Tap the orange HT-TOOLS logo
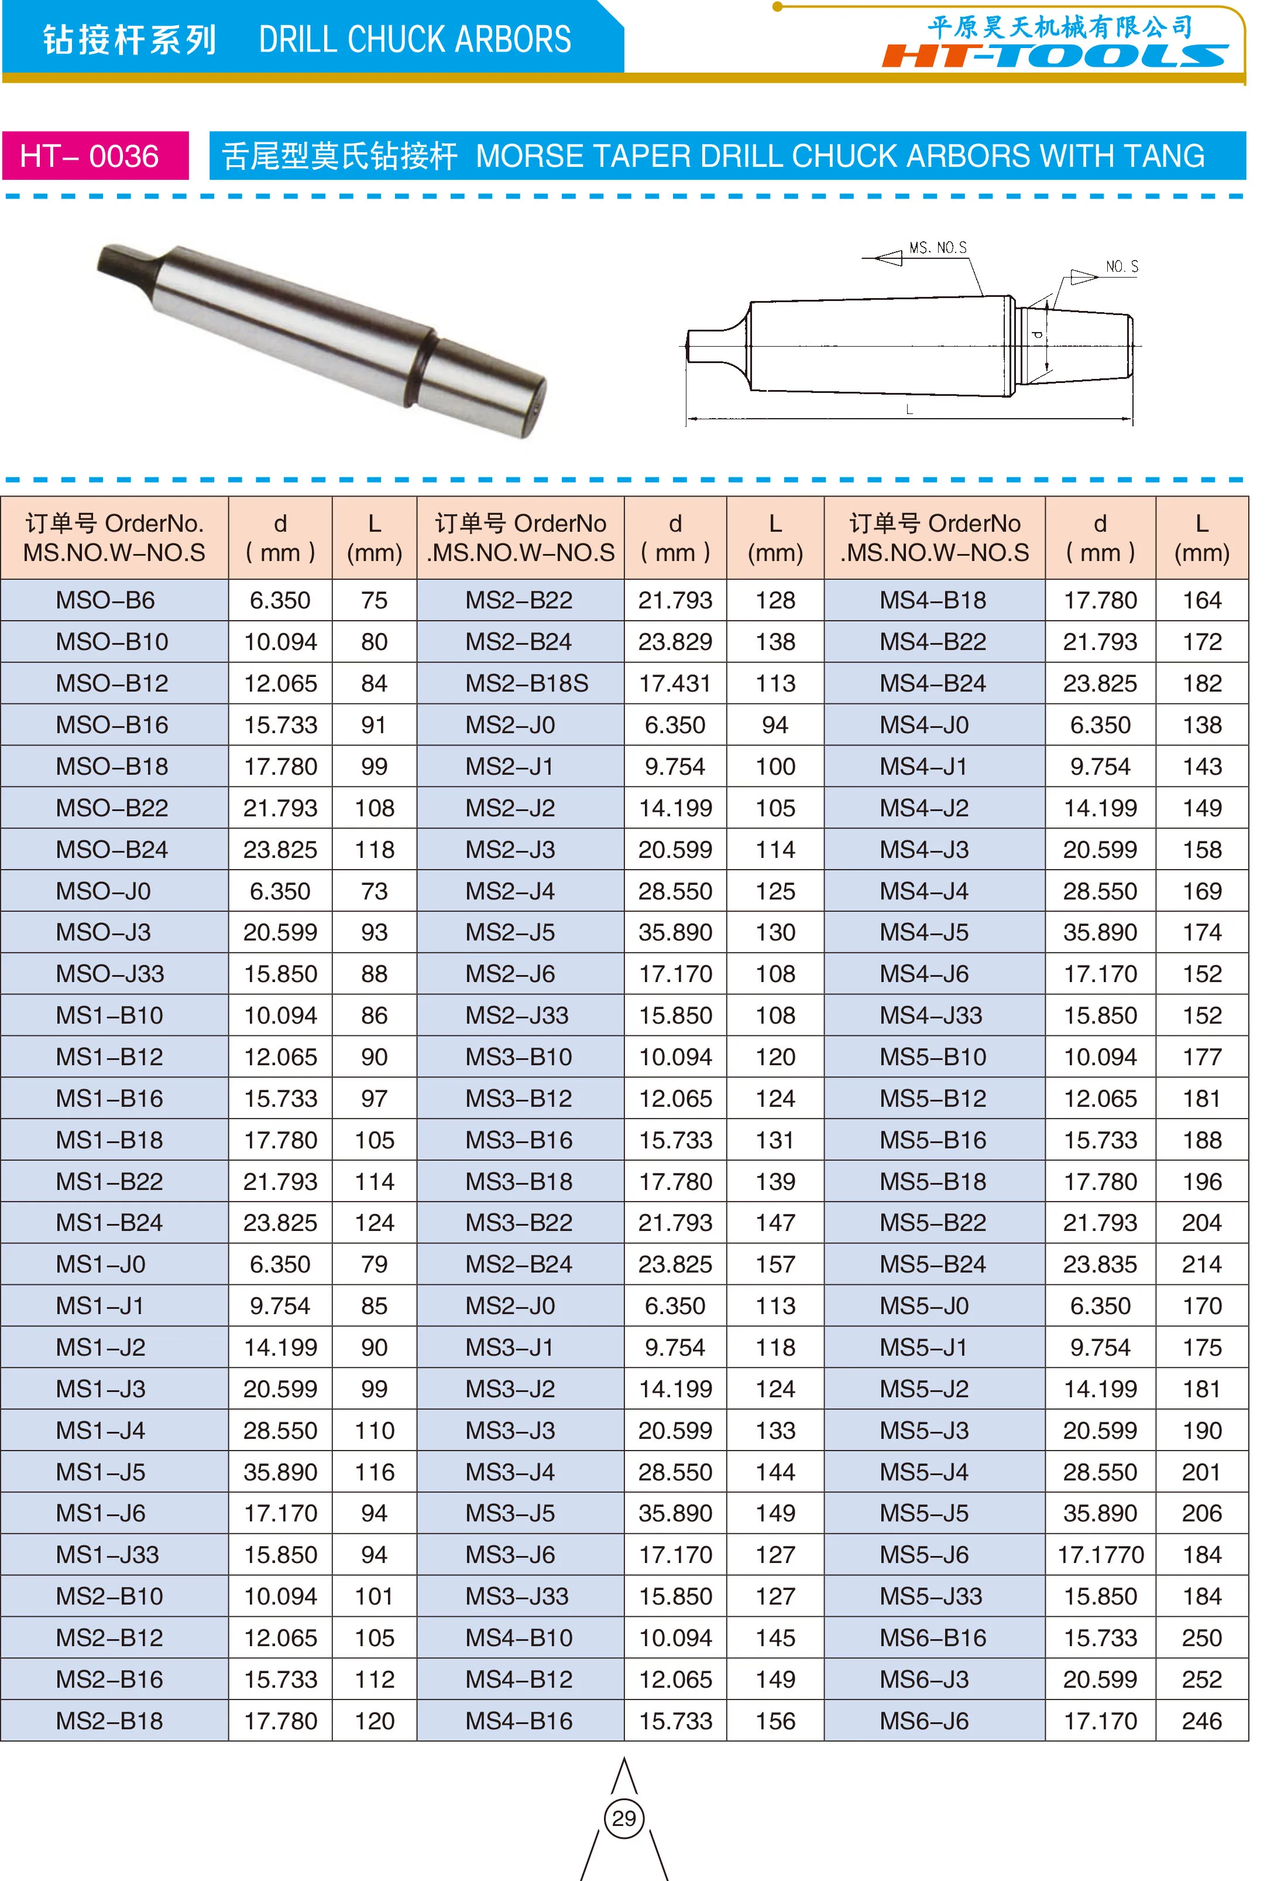(x=1055, y=56)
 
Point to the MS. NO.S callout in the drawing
(x=938, y=247)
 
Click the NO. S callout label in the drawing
(x=1121, y=267)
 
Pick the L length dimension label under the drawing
(x=909, y=410)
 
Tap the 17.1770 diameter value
(x=1101, y=1554)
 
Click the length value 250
(x=1201, y=1638)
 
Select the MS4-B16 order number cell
(x=519, y=1721)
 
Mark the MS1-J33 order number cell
(x=108, y=1554)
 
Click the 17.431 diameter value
(x=675, y=683)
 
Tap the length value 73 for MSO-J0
(x=374, y=891)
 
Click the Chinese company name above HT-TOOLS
(x=1060, y=27)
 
